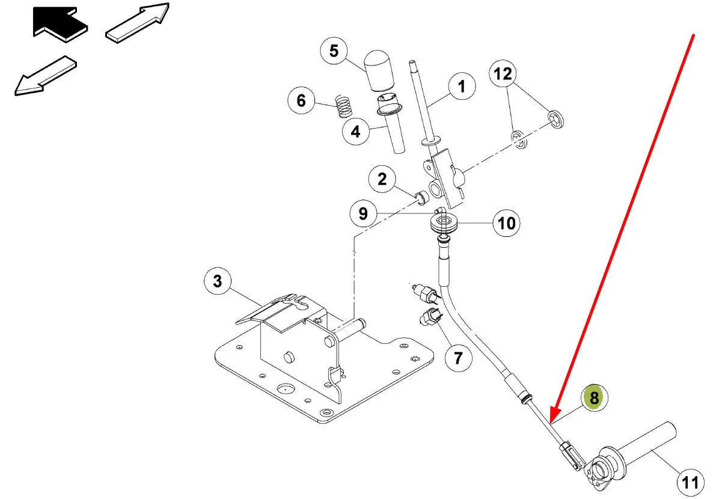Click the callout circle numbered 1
462,87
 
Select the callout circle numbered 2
382,179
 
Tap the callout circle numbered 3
218,280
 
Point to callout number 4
356,130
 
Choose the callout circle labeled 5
334,51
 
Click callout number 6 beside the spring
301,100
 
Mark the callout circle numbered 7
458,358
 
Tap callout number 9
363,213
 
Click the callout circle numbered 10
507,224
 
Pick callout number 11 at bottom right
691,481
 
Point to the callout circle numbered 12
503,74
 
